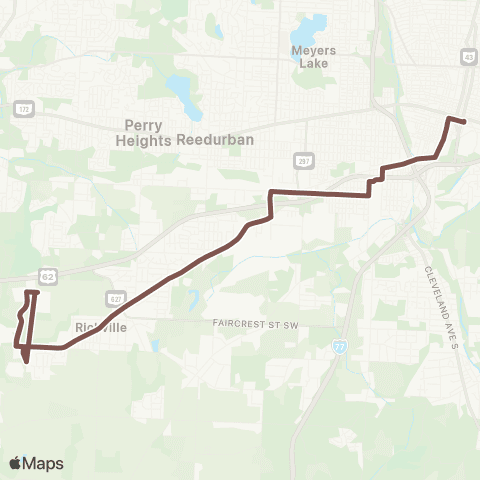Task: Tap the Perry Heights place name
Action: point(149,133)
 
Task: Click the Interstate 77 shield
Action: point(340,344)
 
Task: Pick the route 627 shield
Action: point(117,297)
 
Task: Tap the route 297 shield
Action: point(301,160)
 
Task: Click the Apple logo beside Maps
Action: point(16,463)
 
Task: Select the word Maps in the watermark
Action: point(43,463)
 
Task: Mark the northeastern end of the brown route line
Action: point(465,122)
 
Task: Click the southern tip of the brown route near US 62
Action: point(25,361)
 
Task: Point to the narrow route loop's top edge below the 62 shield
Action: point(32,292)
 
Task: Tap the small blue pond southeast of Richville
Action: point(154,345)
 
